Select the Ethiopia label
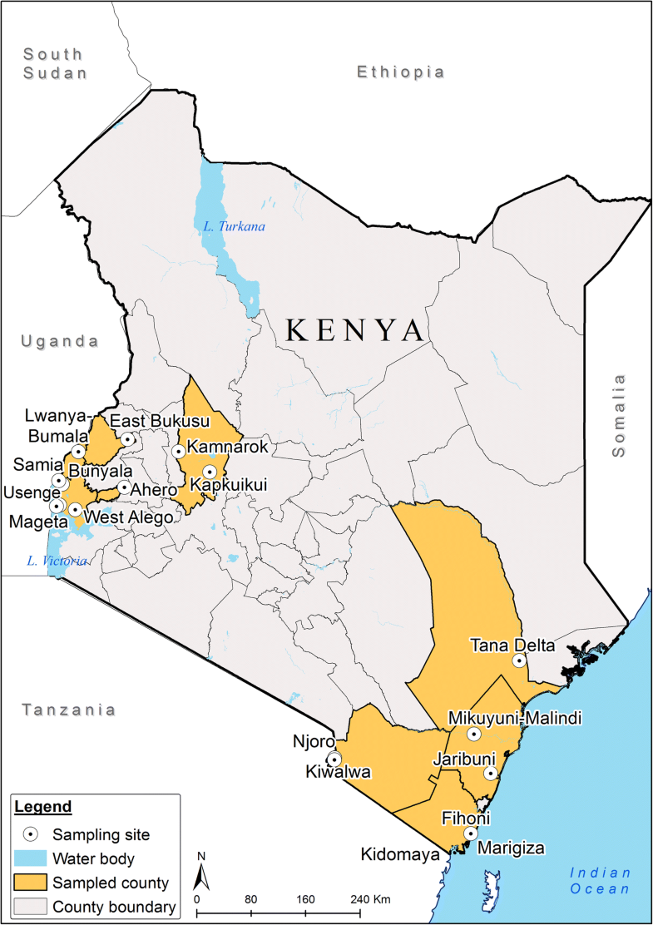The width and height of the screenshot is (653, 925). [400, 72]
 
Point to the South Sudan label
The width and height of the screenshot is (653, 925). [54, 63]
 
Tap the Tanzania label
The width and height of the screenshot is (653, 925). [68, 710]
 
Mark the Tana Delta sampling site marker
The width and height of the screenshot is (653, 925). [519, 660]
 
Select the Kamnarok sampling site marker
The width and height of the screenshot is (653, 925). [178, 451]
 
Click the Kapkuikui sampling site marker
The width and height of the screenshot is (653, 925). [210, 472]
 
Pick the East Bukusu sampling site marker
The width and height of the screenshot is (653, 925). [127, 438]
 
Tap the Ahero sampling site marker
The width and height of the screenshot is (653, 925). [124, 487]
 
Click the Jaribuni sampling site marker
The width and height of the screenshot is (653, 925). [491, 773]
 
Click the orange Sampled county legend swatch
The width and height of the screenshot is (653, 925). [31, 883]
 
